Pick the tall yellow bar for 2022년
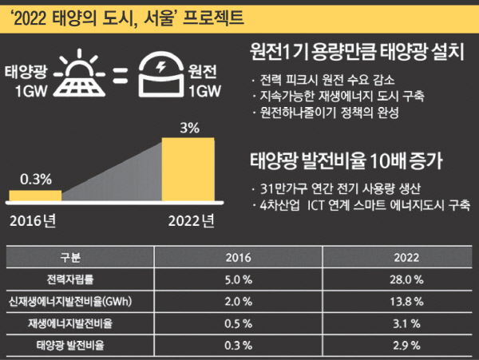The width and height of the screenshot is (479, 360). click(x=189, y=171)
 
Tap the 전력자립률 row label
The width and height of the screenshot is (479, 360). click(x=70, y=279)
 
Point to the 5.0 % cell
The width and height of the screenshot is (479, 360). click(x=238, y=279)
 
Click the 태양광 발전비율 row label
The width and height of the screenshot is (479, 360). click(x=70, y=346)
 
